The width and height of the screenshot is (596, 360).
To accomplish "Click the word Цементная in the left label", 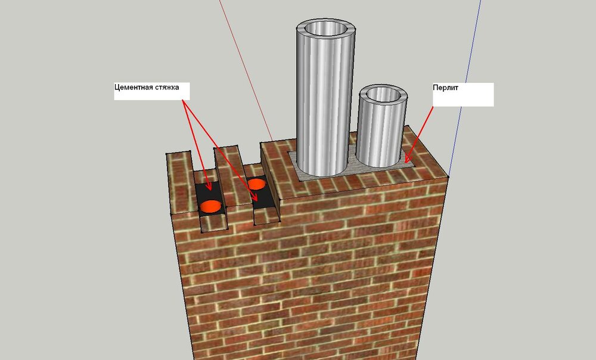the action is [134, 87].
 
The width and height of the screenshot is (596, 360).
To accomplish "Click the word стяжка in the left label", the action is [167, 87].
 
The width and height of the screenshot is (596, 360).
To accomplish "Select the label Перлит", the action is [445, 88].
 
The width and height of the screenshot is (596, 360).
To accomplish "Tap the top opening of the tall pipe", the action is [326, 29].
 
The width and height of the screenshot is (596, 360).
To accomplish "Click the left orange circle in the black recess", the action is [210, 206].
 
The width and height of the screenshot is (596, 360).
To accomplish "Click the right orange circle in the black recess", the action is [256, 184].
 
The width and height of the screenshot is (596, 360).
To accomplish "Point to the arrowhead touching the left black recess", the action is [209, 187].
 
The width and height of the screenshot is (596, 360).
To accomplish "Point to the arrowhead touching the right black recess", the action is [255, 197].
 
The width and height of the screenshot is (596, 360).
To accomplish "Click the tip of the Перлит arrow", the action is [405, 163].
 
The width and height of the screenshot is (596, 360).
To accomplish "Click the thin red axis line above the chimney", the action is [246, 70].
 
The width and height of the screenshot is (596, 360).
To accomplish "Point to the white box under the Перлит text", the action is [463, 99].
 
